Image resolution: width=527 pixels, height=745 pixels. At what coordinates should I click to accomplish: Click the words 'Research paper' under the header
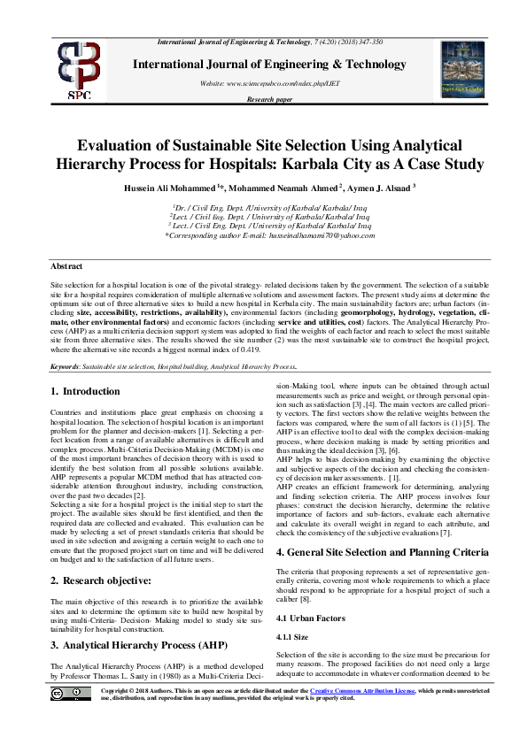pyautogui.click(x=269, y=100)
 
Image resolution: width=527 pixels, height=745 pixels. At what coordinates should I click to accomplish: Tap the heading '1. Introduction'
pyautogui.click(x=85, y=391)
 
